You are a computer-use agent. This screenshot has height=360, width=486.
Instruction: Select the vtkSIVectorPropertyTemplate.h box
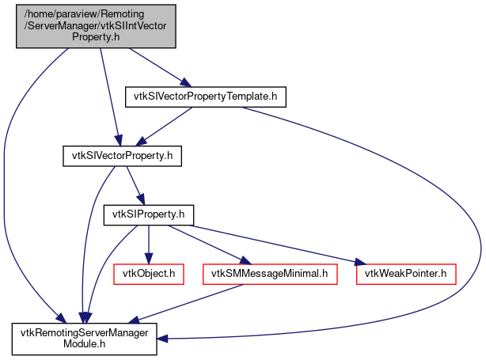coord(205,97)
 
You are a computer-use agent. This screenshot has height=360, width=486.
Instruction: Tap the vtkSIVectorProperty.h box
coord(123,156)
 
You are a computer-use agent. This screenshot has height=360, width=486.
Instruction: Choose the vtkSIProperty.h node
coord(149,214)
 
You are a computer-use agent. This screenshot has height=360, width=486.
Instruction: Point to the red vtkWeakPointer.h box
coord(406,274)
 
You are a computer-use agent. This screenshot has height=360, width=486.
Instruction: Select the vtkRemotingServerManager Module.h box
coord(84,339)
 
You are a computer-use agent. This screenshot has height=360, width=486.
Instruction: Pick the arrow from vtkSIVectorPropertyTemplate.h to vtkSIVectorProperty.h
coord(167,125)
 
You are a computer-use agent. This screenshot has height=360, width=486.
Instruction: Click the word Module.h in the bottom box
coord(84,344)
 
